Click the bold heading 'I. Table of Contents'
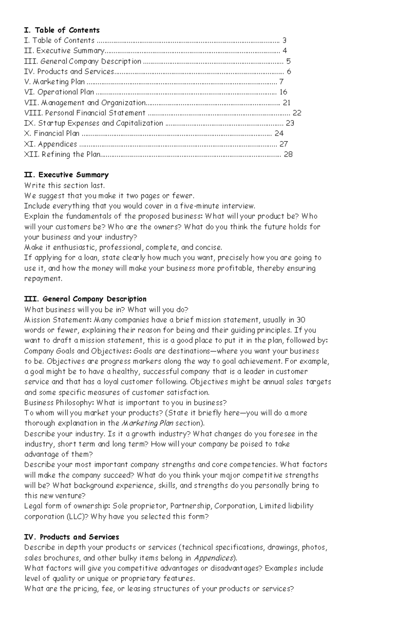[x=62, y=30]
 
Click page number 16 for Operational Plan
[x=283, y=92]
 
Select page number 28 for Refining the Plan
[x=288, y=154]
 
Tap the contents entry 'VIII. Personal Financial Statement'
[x=85, y=113]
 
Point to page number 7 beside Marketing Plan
[x=281, y=82]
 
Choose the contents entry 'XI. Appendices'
[x=50, y=144]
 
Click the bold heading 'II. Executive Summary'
[x=66, y=175]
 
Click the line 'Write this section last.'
[x=64, y=185]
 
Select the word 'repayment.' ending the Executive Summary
[x=43, y=278]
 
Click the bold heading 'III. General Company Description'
[x=85, y=299]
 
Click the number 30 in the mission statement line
[x=301, y=320]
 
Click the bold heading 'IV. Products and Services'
[x=71, y=537]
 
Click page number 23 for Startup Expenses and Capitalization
[x=290, y=123]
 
